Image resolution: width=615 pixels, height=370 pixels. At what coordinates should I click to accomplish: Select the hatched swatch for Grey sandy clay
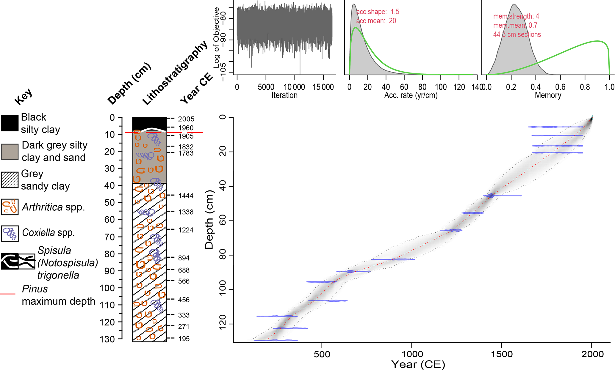10,180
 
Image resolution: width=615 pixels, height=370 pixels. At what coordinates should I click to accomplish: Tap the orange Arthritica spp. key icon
10,207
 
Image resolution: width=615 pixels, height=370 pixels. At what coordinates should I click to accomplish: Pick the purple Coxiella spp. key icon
10,233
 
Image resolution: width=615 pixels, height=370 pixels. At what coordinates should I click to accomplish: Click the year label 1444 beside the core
186,196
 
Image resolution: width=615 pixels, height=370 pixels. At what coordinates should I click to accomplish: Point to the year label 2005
186,119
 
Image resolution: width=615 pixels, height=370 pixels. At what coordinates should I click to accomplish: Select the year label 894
184,258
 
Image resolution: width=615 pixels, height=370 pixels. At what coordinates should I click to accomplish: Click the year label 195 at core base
184,339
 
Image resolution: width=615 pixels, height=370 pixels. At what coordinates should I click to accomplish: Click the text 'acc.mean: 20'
376,21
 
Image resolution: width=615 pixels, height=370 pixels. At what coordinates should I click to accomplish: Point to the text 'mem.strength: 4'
516,16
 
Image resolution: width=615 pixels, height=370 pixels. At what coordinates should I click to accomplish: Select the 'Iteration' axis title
284,95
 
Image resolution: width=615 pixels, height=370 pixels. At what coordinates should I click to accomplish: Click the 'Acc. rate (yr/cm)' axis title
411,95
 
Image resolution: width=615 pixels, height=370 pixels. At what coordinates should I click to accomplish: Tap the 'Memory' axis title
548,95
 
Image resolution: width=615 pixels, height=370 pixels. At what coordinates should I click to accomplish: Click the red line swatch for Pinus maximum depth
8,294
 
